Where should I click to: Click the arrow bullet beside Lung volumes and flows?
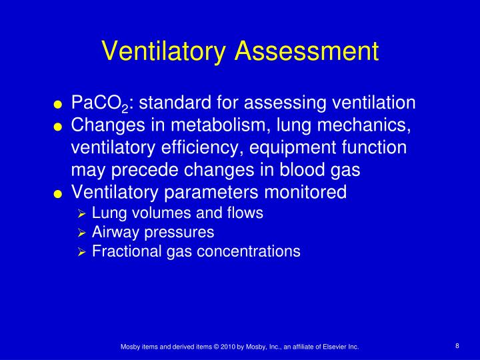[x=81, y=214]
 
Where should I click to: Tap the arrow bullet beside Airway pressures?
[x=81, y=233]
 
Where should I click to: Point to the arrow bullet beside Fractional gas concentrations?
[x=81, y=252]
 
